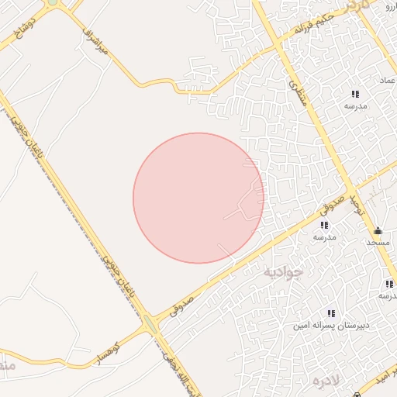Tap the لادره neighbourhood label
[x=326, y=381]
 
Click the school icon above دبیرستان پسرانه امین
[x=331, y=313]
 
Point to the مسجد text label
[x=378, y=243]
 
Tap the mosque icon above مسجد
[x=378, y=230]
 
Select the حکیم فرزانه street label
[x=313, y=26]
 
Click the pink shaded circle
[x=198, y=198]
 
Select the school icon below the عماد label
[x=355, y=94]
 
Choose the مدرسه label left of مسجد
[x=324, y=237]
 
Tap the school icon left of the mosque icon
[x=324, y=225]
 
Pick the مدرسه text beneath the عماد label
[x=356, y=105]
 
